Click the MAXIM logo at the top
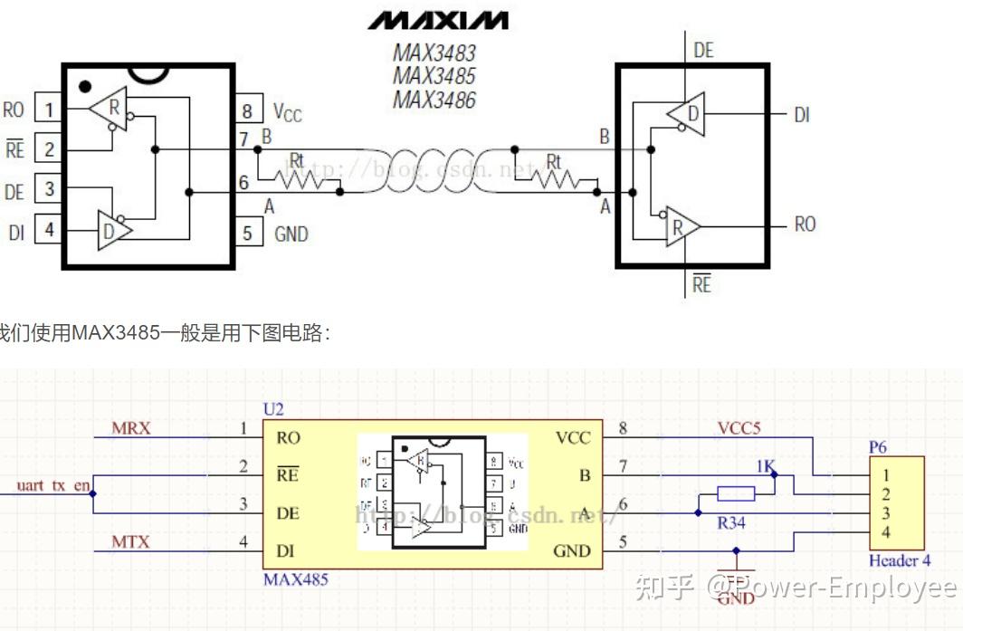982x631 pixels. click(437, 20)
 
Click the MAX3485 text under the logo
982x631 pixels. click(434, 76)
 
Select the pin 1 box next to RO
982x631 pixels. click(47, 110)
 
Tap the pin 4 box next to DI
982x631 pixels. click(47, 230)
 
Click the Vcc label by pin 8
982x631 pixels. click(287, 112)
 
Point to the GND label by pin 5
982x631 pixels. click(291, 234)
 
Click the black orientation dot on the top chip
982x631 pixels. click(85, 87)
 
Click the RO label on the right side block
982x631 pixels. click(805, 225)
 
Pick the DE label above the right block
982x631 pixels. click(703, 51)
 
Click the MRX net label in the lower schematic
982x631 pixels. click(131, 428)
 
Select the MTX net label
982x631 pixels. click(130, 542)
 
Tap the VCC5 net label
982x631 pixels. click(739, 428)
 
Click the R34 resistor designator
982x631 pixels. click(731, 522)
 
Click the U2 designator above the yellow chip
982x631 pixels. click(272, 410)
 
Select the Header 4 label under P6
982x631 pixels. click(899, 560)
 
